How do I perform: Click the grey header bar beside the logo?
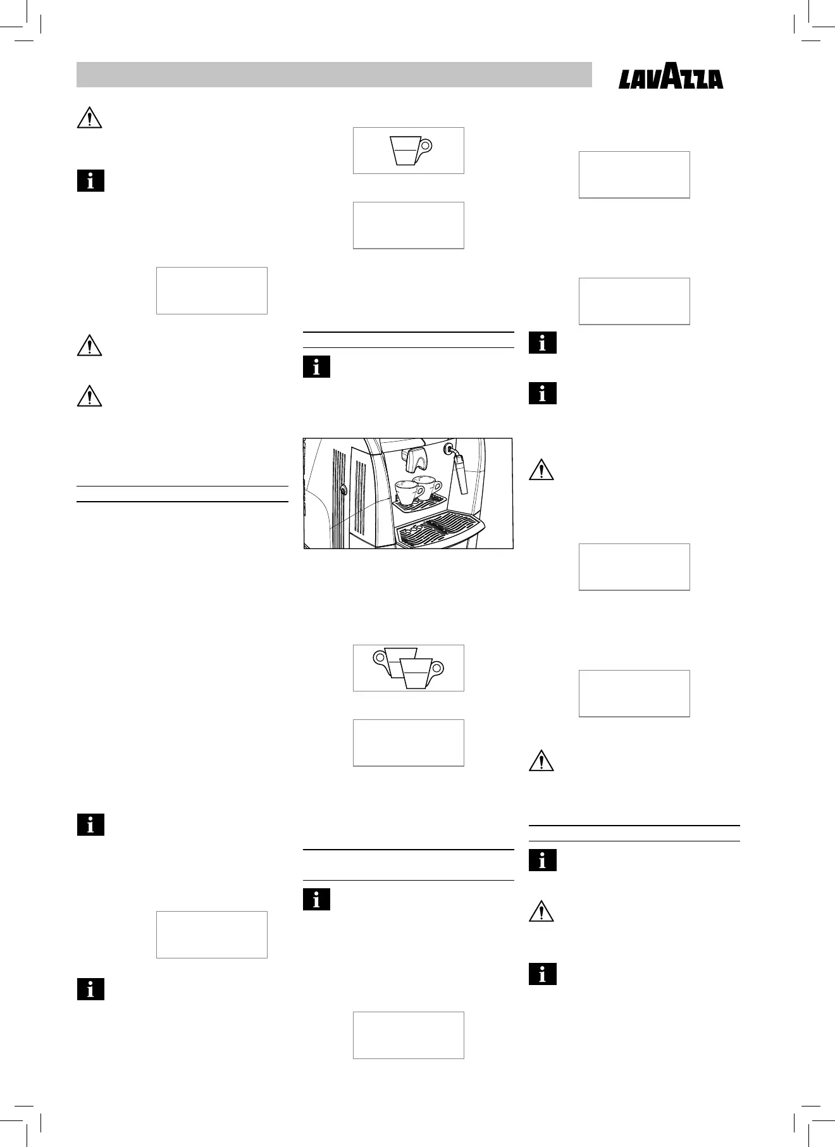pyautogui.click(x=334, y=75)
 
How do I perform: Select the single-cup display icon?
pyautogui.click(x=408, y=151)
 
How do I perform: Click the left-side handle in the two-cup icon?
pyautogui.click(x=380, y=657)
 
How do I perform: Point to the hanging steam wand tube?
pyautogui.click(x=461, y=476)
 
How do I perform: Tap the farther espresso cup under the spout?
pyautogui.click(x=428, y=486)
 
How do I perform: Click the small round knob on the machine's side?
pyautogui.click(x=342, y=489)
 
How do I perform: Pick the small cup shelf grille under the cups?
pyautogui.click(x=419, y=501)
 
